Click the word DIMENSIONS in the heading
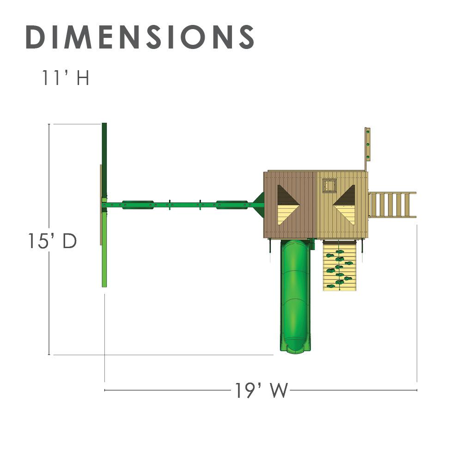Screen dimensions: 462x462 (x=140, y=37)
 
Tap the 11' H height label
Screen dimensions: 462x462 (x=66, y=78)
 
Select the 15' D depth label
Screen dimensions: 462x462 (x=52, y=241)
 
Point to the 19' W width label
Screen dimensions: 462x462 (x=261, y=390)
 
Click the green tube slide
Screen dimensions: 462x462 (x=295, y=296)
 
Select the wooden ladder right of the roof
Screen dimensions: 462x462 (x=392, y=205)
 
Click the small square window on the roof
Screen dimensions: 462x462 (x=329, y=186)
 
